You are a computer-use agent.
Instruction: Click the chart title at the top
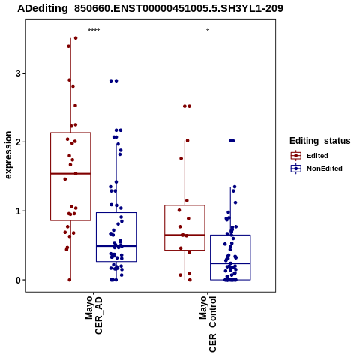[151, 9]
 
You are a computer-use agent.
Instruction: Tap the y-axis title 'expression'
[8, 155]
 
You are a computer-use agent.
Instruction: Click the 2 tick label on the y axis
[18, 142]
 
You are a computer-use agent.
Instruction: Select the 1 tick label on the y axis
[18, 211]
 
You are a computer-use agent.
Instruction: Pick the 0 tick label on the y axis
[18, 280]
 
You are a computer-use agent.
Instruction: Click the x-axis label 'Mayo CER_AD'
[94, 315]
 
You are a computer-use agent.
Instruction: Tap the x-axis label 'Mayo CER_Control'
[208, 324]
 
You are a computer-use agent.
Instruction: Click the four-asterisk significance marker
[94, 31]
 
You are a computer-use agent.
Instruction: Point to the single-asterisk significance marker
[208, 31]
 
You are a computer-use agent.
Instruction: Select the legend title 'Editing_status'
[320, 141]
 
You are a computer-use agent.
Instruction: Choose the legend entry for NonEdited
[316, 169]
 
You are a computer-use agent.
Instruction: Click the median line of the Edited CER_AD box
[70, 173]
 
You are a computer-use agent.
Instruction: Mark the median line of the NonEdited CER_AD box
[116, 246]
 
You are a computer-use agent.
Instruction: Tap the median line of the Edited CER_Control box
[184, 235]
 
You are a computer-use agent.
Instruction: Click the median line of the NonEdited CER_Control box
[230, 263]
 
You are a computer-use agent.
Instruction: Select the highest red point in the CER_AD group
[76, 38]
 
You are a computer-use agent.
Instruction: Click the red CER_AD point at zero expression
[70, 280]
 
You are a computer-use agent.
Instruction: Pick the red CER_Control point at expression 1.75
[181, 158]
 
